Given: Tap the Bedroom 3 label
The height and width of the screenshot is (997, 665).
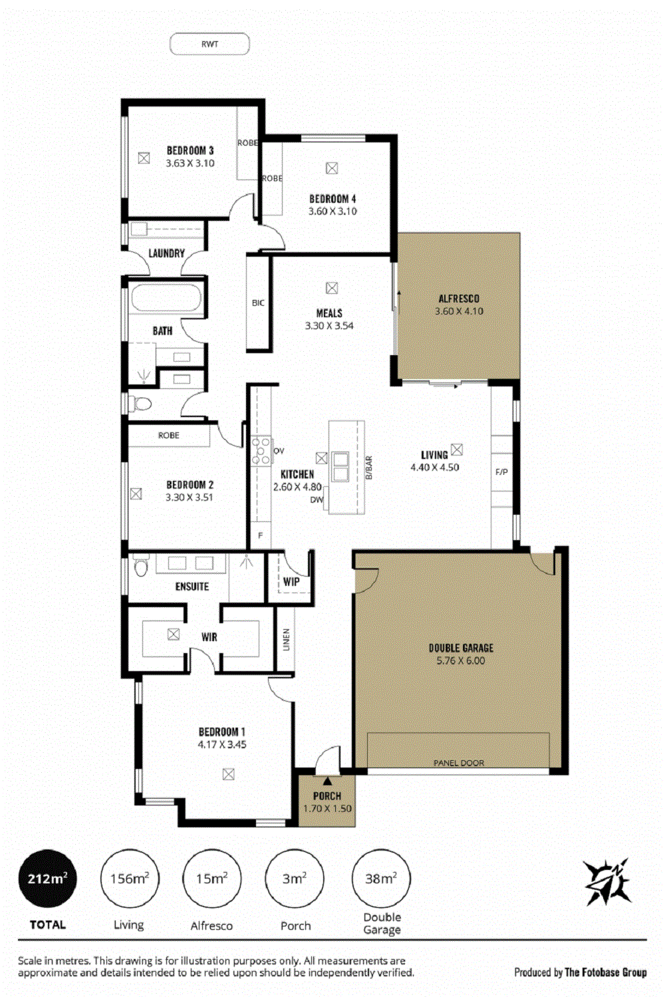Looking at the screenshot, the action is [x=190, y=150].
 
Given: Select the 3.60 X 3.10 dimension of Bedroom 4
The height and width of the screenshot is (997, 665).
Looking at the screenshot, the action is [x=332, y=212].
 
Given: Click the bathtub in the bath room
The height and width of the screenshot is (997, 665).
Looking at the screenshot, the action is [x=166, y=297].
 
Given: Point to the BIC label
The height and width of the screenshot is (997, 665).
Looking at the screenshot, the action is [x=258, y=303].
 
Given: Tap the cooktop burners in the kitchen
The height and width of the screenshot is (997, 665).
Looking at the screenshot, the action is [x=261, y=451].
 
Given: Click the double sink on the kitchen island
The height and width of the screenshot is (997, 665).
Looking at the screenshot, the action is [x=340, y=466].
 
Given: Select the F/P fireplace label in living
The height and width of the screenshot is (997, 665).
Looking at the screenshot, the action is [x=501, y=472].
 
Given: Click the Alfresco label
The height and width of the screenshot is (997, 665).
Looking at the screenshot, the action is [x=459, y=299].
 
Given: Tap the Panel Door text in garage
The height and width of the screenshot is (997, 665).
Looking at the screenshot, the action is [x=459, y=763].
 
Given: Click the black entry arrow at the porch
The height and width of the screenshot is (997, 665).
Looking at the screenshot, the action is [x=328, y=781].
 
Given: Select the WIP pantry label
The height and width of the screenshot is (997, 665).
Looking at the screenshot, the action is [x=291, y=582].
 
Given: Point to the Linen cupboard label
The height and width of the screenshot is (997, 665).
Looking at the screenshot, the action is [x=286, y=640].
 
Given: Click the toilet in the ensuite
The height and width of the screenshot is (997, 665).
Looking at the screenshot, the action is [x=140, y=565].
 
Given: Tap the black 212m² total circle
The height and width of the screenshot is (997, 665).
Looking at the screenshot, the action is [x=47, y=879].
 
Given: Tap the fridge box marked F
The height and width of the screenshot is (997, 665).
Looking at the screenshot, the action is [x=261, y=535].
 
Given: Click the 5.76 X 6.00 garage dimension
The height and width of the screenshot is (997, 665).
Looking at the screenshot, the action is [x=461, y=660].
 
